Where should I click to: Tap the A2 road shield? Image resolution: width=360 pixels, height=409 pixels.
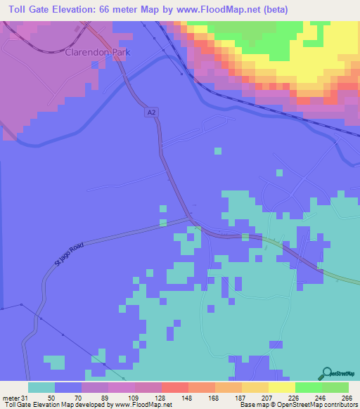pyautogui.click(x=152, y=112)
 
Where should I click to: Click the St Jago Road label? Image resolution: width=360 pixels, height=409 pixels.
pyautogui.click(x=69, y=253)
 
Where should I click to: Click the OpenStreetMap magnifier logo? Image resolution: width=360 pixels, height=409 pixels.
pyautogui.click(x=326, y=374)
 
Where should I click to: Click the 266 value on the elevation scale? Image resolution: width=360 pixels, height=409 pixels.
pyautogui.click(x=347, y=397)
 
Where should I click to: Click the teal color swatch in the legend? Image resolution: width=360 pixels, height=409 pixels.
pyautogui.click(x=41, y=387)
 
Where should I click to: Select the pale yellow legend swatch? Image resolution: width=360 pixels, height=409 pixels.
pyautogui.click(x=281, y=387)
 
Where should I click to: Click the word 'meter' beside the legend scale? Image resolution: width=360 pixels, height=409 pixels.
pyautogui.click(x=11, y=397)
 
